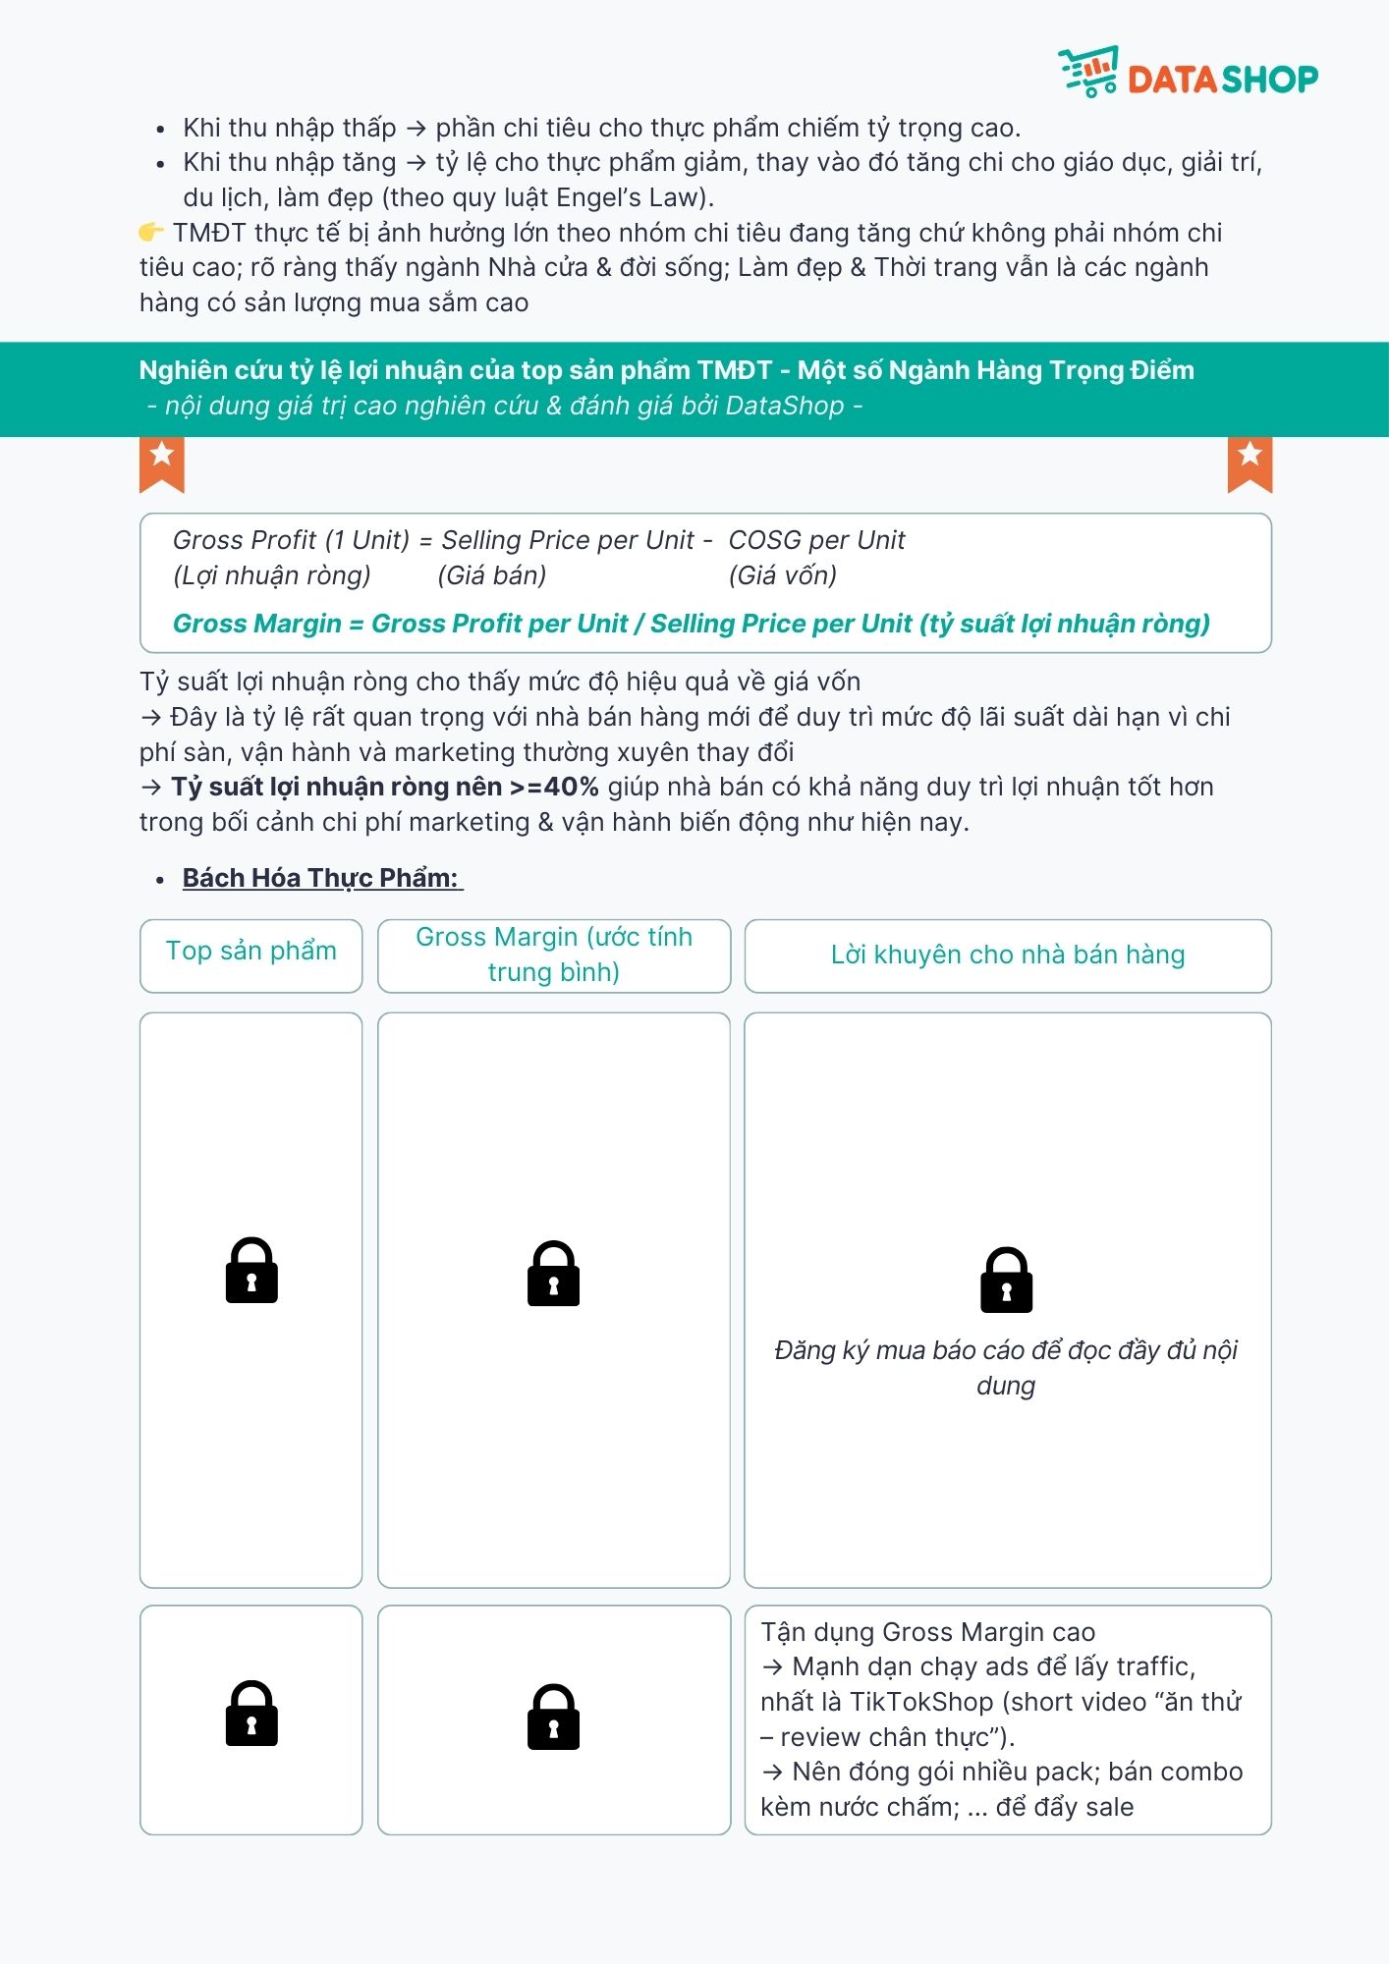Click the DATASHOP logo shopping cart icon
[x=1088, y=71]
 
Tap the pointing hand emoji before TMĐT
[x=150, y=233]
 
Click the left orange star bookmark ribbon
[x=162, y=464]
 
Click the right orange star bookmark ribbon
[x=1250, y=464]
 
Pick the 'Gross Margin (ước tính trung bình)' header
[x=554, y=955]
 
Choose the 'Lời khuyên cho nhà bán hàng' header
[x=1008, y=955]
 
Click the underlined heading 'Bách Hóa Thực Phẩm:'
[x=320, y=878]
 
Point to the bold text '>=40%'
[x=554, y=787]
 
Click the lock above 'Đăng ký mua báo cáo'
[x=1006, y=1280]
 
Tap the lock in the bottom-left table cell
[x=251, y=1714]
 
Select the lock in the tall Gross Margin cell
[x=553, y=1273]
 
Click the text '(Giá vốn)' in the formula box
[x=783, y=575]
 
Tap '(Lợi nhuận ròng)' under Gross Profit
[x=272, y=575]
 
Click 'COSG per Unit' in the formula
[x=816, y=540]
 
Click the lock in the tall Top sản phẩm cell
[x=251, y=1270]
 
